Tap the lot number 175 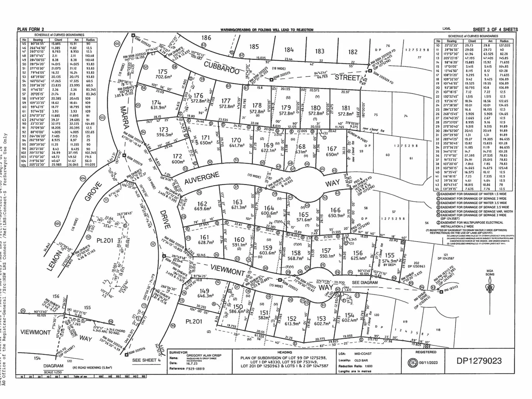[163, 72]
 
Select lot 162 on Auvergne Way [202, 204]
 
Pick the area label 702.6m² [164, 77]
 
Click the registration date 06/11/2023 [428, 362]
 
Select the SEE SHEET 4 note [146, 360]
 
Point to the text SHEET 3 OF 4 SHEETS [495, 30]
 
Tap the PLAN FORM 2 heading [31, 30]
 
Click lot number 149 [204, 290]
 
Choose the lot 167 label [332, 149]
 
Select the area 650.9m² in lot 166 [336, 215]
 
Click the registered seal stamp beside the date [411, 362]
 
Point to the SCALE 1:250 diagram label [53, 372]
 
